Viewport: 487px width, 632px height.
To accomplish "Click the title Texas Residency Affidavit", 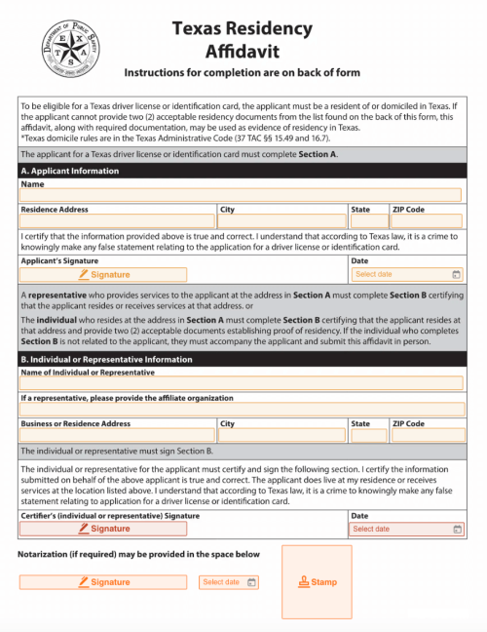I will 243,40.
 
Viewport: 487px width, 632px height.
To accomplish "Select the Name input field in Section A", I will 242,195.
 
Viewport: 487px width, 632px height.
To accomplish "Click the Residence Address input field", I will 117,221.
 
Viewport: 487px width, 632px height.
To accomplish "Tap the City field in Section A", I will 281,221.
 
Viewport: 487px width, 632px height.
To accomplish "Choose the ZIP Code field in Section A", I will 427,221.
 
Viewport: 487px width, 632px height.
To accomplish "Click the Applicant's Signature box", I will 103,275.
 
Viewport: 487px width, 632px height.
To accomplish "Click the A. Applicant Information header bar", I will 242,171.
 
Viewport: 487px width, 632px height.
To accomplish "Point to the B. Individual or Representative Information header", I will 242,359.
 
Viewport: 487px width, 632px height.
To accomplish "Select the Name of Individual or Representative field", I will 242,383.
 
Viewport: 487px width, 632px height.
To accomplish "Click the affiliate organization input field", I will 242,410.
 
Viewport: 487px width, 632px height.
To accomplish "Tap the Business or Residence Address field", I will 117,436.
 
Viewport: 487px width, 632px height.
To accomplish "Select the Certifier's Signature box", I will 103,529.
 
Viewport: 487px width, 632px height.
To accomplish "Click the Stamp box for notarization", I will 318,582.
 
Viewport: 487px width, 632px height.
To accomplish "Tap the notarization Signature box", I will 103,582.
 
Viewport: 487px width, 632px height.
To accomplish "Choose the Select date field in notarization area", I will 229,582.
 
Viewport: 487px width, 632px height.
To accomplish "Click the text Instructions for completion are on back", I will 243,73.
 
